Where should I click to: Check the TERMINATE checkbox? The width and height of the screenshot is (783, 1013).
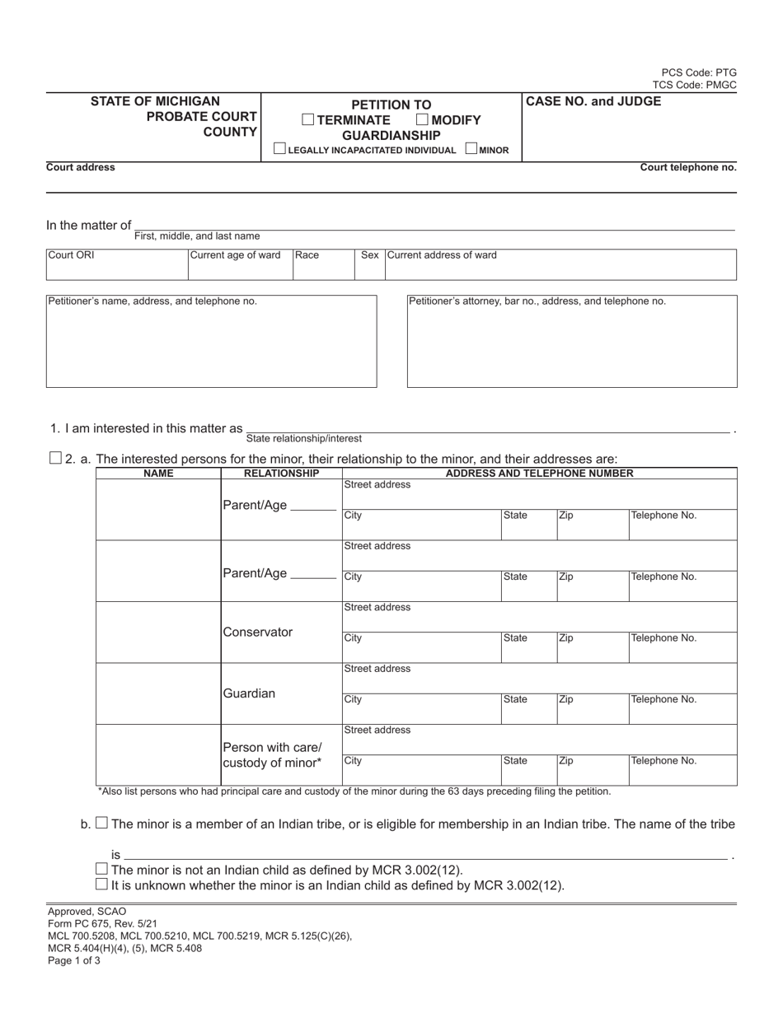point(307,119)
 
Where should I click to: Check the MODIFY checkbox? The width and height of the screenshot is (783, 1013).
point(422,119)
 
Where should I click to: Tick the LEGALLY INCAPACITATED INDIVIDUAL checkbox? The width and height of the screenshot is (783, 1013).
point(279,149)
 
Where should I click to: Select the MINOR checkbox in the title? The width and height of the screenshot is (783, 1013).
point(471,149)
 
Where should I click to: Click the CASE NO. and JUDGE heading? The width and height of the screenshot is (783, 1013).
point(593,101)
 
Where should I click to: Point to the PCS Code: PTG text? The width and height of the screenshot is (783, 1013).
point(699,72)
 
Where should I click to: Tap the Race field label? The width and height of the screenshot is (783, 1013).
point(307,255)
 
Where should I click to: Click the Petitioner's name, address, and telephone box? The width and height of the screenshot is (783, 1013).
point(211,341)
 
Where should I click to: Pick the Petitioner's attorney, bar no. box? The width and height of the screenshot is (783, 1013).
point(572,341)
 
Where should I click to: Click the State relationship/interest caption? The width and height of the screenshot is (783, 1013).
point(303,439)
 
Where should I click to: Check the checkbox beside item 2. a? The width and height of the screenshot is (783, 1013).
point(56,458)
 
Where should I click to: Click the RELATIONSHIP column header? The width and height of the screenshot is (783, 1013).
point(281,474)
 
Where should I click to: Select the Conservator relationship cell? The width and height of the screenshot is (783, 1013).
point(281,633)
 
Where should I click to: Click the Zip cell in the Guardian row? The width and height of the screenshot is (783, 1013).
point(592,707)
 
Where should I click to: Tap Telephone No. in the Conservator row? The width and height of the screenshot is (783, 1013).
point(682,647)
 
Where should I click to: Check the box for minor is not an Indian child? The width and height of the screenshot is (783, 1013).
point(101,869)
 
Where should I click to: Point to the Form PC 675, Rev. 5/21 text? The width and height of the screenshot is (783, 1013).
point(91,923)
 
